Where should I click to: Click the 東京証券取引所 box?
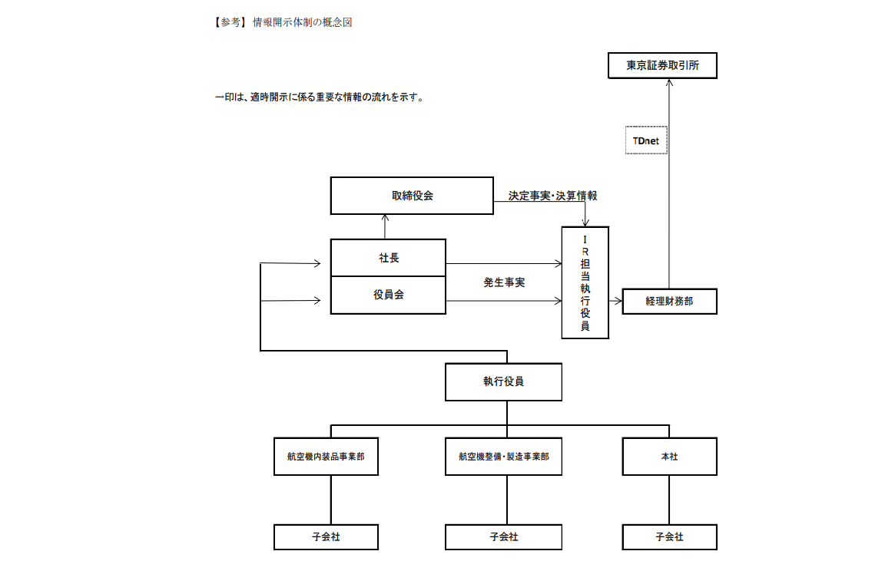point(662,65)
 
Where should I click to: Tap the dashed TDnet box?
point(646,140)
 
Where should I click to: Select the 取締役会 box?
point(412,196)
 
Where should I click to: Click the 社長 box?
point(388,258)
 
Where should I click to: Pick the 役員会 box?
point(388,295)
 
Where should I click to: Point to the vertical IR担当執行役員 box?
point(585,282)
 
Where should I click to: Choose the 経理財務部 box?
point(669,301)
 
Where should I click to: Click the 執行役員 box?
point(503,381)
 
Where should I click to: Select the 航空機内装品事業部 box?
point(326,456)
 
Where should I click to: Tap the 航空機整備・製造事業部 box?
point(503,456)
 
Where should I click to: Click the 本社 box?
point(669,456)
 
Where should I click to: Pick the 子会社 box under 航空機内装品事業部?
point(326,536)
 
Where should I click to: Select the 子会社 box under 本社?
point(669,536)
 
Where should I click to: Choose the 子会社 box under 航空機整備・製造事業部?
point(503,536)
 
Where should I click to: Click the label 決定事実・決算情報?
point(552,196)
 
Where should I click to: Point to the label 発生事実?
point(504,282)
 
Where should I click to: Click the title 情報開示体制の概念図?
point(303,22)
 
